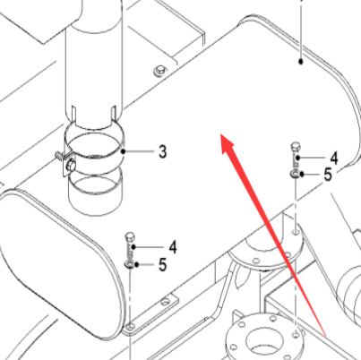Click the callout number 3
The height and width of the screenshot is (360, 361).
coord(162,151)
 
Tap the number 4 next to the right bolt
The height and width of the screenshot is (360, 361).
coord(334,159)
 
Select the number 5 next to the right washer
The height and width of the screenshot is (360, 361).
coord(328,175)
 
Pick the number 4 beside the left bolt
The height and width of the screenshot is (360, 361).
coord(173,247)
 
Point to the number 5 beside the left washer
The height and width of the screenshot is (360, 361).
coord(162,265)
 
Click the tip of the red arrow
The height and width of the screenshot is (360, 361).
coord(221,134)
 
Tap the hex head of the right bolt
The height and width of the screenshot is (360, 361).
coord(296,146)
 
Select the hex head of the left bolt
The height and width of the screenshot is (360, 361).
coord(130,236)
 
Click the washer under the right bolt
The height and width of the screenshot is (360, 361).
coord(295,174)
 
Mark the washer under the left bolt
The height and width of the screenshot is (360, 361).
coord(129,264)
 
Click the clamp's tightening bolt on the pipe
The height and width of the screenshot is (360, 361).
coord(71,165)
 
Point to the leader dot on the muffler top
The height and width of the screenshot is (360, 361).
coord(301,62)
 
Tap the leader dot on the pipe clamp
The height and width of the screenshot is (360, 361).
coord(124,151)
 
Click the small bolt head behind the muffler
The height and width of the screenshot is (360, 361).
coord(159,71)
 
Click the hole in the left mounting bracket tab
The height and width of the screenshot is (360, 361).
coord(165,302)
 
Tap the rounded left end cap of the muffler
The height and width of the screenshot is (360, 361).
coord(61,262)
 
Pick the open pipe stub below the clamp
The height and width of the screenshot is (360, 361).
coord(95,191)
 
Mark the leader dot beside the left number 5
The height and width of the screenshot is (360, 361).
coord(137,264)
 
